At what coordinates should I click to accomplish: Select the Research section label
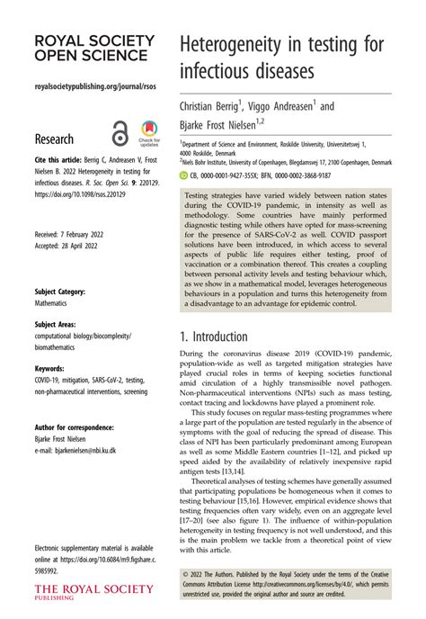pos(54,140)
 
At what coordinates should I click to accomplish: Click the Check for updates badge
pos(149,133)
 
